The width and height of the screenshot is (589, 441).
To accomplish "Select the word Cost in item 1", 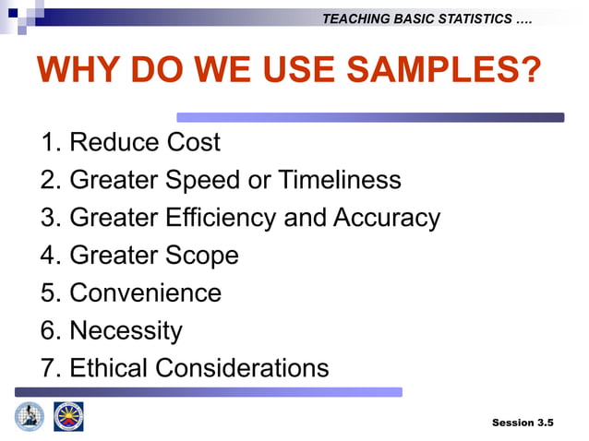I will [194, 142].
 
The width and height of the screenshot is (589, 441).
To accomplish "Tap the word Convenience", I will [146, 293].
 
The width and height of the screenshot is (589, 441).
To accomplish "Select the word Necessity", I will [126, 330].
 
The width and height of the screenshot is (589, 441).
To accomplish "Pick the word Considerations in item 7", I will [242, 368].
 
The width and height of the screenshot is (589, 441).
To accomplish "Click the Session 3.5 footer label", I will [523, 423].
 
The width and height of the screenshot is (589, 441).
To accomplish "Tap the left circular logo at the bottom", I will [30, 416].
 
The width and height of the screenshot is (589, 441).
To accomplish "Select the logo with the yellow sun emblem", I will [68, 416].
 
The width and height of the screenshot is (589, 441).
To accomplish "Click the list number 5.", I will [50, 293].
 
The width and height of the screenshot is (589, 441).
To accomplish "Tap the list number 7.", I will [50, 368].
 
